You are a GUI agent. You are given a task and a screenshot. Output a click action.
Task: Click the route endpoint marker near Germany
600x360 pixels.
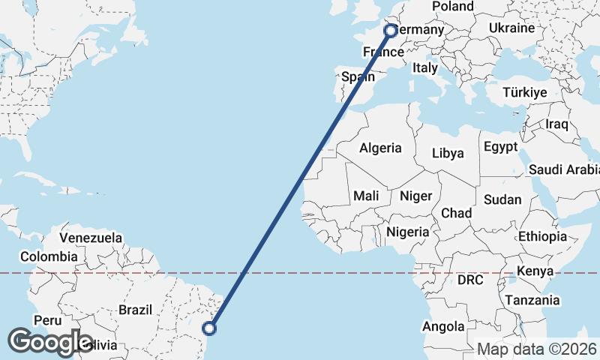[391, 31]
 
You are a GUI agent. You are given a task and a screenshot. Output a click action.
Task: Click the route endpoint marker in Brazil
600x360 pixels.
[210, 328]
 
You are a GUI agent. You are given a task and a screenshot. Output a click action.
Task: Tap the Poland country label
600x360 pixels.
[453, 7]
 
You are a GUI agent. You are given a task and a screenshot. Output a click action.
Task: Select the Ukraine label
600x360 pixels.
[511, 28]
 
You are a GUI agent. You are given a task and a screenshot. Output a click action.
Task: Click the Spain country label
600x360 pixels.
[358, 76]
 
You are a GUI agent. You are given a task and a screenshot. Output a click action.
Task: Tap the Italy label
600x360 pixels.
[424, 67]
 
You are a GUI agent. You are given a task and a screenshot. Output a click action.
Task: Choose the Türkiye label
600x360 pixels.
[524, 92]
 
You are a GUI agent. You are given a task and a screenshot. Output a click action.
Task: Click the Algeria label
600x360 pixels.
[380, 148]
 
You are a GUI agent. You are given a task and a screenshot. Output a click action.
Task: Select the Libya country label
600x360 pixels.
[448, 153]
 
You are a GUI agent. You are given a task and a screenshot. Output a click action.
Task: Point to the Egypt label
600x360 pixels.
[502, 146]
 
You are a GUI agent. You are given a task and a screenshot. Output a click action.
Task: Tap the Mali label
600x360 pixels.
[366, 195]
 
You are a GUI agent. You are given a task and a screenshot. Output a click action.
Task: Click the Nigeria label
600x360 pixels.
[408, 232]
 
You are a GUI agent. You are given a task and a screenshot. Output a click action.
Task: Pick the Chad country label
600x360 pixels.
[456, 213]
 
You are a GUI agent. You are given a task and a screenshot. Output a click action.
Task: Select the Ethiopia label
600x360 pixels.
[542, 236]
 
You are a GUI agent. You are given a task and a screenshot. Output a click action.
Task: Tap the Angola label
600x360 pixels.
[443, 327]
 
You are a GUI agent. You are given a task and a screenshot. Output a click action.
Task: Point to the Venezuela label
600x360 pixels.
[91, 237]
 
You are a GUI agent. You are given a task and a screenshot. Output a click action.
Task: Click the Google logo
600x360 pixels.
[49, 342]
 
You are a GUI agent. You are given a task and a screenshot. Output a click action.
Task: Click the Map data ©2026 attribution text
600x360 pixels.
[536, 349]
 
